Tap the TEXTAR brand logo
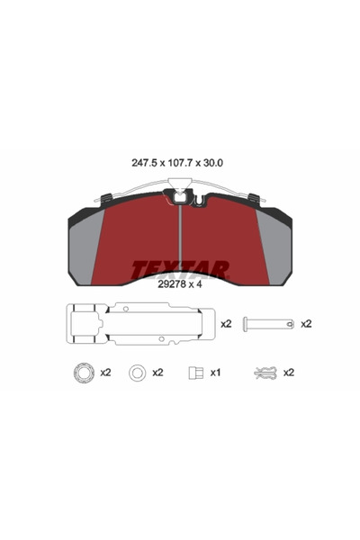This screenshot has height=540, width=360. click(x=180, y=268)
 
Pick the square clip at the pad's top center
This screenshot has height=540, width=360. click(x=180, y=194)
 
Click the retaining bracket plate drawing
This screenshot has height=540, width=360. click(x=135, y=324)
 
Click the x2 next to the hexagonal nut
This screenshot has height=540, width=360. click(x=105, y=372)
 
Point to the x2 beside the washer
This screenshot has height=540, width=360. click(x=158, y=372)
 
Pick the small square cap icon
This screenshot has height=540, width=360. click(x=193, y=372)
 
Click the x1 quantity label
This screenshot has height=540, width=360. click(x=217, y=372)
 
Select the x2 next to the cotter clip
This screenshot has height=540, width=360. click(x=290, y=372)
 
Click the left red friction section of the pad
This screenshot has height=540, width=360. click(x=135, y=238)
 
